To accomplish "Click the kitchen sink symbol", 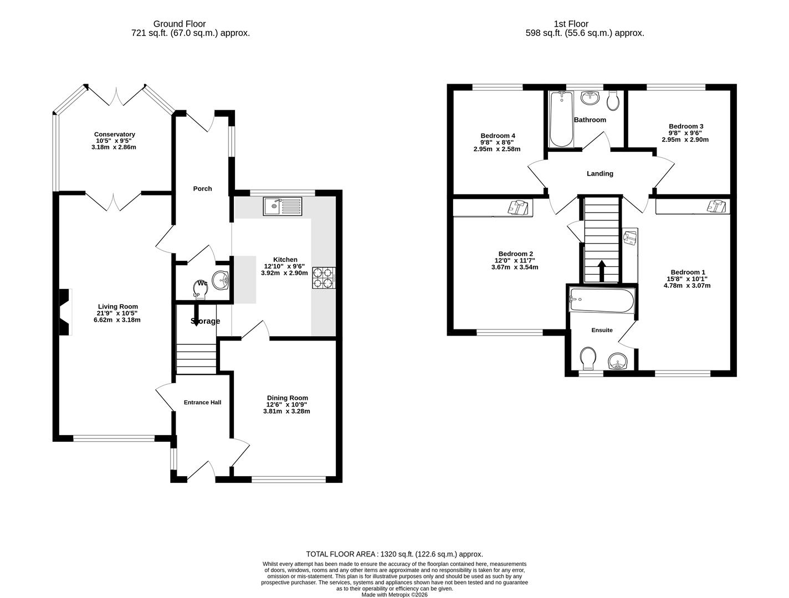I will tap(283, 207).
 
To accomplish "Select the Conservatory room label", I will tap(115, 135).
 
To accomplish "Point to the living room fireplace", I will tap(65, 312).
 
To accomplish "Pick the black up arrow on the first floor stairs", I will tap(601, 271).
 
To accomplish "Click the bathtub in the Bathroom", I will tap(561, 119).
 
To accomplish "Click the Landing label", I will tap(600, 174).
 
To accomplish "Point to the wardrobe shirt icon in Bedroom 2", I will tap(519, 207).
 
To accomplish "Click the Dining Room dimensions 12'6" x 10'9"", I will tap(288, 405).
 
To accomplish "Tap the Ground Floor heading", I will tap(180, 24).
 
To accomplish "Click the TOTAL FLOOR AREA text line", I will tap(394, 554).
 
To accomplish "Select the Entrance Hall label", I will tap(202, 403).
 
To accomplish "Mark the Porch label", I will tap(202, 189).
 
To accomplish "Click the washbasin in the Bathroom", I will tap(590, 98).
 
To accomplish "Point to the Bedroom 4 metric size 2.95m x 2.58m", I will tap(497, 149).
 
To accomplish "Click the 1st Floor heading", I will tap(571, 24).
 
